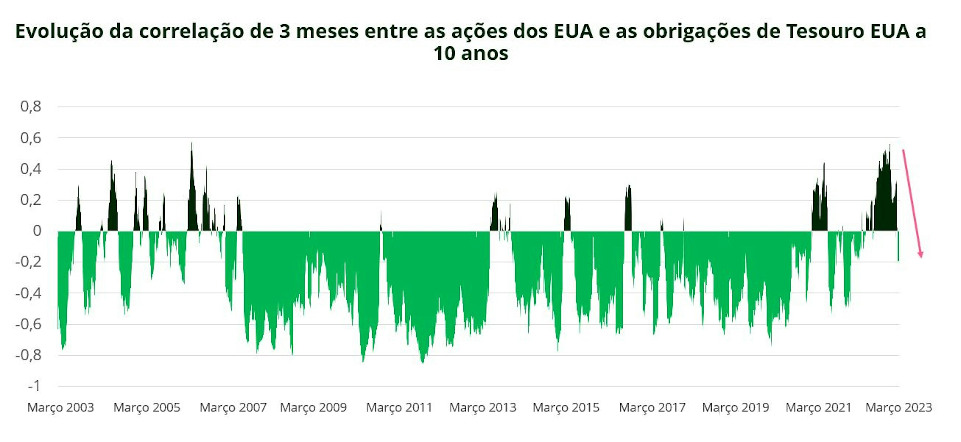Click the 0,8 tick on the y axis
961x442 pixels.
31,107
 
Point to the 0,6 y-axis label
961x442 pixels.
31,138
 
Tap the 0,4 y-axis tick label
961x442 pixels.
31,169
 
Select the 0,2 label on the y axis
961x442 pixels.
31,200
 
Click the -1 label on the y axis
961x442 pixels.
34,386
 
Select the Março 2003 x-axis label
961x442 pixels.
60,407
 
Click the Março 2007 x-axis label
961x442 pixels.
233,407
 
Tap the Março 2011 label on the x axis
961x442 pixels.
399,407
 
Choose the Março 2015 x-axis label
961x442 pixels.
566,407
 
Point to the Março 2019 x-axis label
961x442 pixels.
736,407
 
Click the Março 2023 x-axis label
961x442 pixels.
899,407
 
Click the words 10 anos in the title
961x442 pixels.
471,53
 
